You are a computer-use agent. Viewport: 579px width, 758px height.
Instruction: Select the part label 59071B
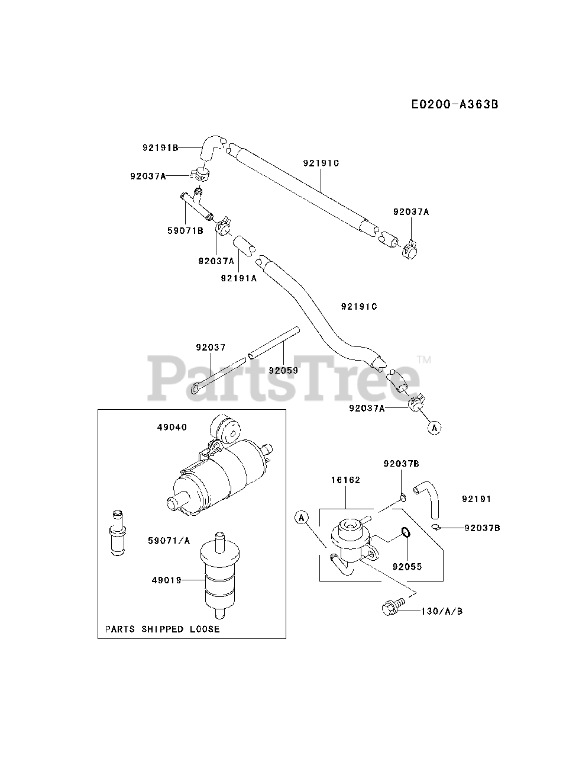click(185, 230)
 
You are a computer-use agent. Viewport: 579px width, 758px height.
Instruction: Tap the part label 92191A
click(238, 278)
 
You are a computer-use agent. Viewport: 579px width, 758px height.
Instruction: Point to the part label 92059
click(283, 370)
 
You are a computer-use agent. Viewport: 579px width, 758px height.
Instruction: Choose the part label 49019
click(167, 580)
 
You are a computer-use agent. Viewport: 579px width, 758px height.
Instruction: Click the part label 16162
click(346, 480)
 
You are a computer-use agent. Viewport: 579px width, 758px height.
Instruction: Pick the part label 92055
click(407, 566)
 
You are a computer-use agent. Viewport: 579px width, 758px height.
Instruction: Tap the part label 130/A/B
click(441, 611)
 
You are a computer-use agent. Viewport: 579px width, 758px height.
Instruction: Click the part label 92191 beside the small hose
click(476, 499)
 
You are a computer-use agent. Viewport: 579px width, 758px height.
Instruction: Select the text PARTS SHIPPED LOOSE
click(162, 629)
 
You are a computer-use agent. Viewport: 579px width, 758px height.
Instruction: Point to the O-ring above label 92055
click(405, 533)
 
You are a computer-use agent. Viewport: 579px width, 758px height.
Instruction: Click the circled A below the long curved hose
click(435, 427)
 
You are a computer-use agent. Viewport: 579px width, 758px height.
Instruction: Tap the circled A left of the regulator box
click(302, 518)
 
